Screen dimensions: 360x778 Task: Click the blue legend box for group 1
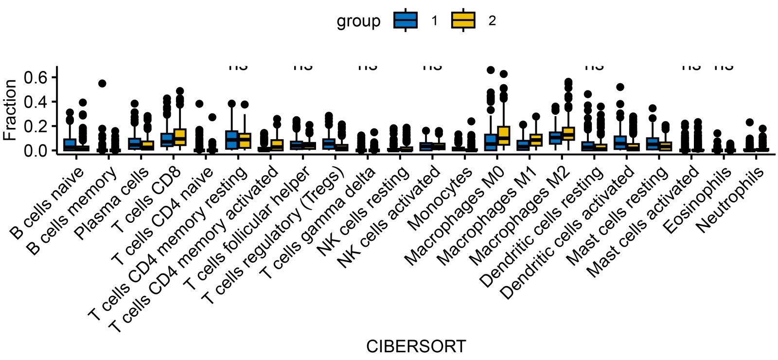[406, 20]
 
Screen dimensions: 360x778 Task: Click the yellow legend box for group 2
[463, 20]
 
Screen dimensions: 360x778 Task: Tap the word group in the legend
[358, 21]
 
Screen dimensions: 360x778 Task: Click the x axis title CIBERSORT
[416, 346]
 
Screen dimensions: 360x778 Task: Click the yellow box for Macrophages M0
[503, 136]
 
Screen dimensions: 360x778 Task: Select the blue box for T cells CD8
[167, 140]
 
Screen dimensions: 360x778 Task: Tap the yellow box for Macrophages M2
[568, 134]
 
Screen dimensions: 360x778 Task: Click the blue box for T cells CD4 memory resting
[231, 140]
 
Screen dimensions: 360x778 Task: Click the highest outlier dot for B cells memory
[102, 84]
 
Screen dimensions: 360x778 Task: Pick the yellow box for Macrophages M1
[536, 140]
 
